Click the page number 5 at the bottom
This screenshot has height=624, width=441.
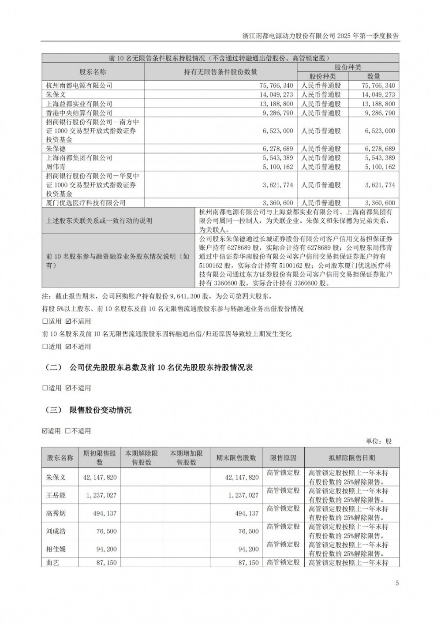[x=397, y=583]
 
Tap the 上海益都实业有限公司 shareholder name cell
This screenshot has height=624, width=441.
[x=79, y=104]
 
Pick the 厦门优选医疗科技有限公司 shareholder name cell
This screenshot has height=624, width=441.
[x=86, y=203]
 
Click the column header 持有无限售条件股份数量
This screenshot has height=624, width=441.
[x=220, y=72]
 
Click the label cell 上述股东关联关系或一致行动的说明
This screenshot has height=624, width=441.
[x=99, y=220]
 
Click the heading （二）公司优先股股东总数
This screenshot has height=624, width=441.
[x=149, y=367]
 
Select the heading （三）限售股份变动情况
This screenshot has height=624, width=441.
[x=89, y=410]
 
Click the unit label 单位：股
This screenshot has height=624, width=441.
[x=378, y=441]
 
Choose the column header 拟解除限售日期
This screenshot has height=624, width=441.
[x=351, y=458]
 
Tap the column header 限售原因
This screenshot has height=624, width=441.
[x=283, y=458]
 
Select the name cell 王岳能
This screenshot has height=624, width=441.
[x=56, y=495]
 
